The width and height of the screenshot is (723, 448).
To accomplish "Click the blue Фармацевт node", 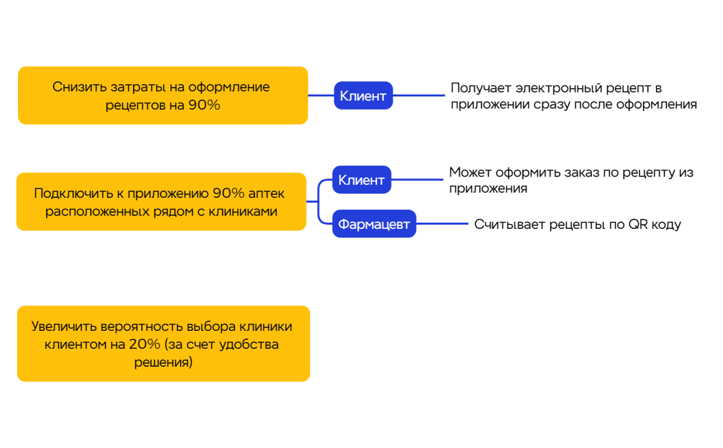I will [x=374, y=224].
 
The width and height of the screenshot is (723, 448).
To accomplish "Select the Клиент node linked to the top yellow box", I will [x=363, y=96].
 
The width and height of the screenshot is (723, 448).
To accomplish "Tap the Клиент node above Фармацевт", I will [x=361, y=180].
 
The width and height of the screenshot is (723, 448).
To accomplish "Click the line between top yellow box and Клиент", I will [x=320, y=95].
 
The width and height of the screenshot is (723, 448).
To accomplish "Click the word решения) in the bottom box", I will [x=163, y=362].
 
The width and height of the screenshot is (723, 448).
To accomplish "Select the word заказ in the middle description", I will [x=569, y=172].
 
